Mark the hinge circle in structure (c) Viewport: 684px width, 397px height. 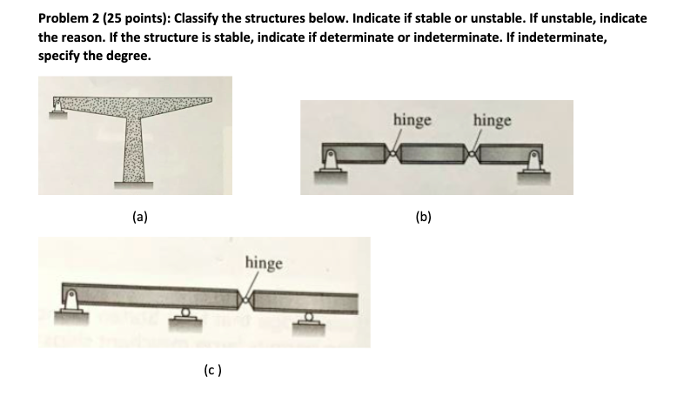(244, 301)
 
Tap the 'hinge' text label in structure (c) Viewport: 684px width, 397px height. (263, 262)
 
